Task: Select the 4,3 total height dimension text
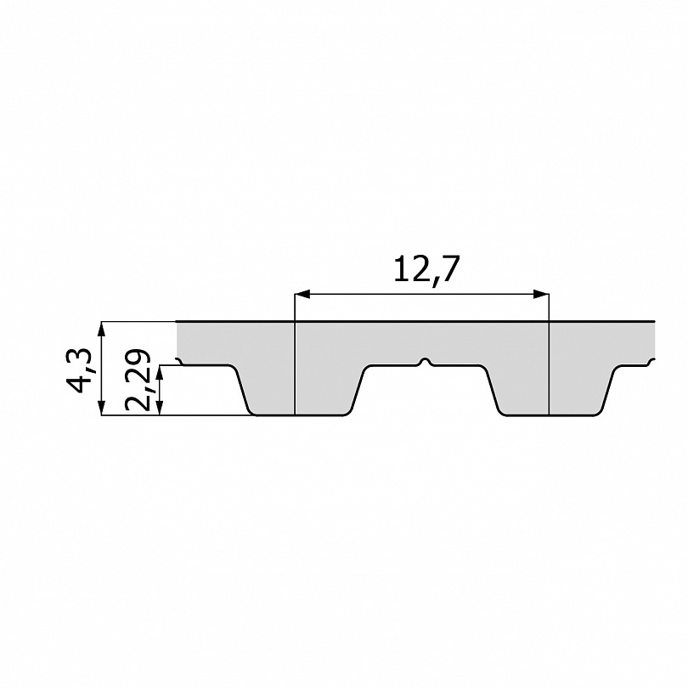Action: tap(79, 371)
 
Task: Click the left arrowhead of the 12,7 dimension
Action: tap(302, 294)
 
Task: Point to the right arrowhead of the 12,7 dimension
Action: tap(541, 294)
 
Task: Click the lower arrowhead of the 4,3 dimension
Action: tap(102, 407)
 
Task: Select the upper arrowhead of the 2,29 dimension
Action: tap(161, 373)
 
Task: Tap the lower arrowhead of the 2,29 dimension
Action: tap(161, 407)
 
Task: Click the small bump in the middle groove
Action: tap(425, 362)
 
